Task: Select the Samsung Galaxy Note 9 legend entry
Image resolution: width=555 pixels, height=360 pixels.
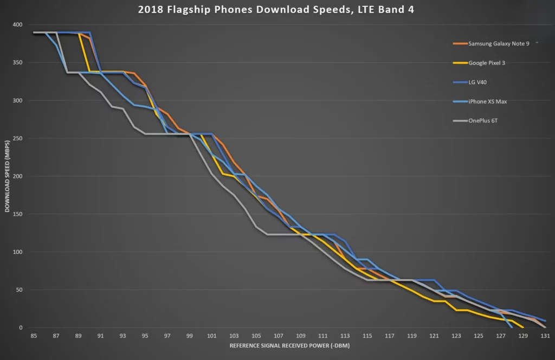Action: tap(498, 43)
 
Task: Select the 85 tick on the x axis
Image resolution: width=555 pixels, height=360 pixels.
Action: tap(34, 336)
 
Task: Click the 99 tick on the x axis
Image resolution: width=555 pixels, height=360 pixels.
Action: tap(189, 336)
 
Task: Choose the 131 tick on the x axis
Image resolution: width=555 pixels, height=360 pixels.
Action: tap(545, 336)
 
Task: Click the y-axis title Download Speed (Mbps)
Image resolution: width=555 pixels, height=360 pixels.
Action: tap(8, 176)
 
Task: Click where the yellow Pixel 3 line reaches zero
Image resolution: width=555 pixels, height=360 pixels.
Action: tap(522, 327)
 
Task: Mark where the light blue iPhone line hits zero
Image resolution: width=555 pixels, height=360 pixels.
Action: tap(512, 327)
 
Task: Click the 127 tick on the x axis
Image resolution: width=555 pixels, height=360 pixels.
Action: tap(501, 336)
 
